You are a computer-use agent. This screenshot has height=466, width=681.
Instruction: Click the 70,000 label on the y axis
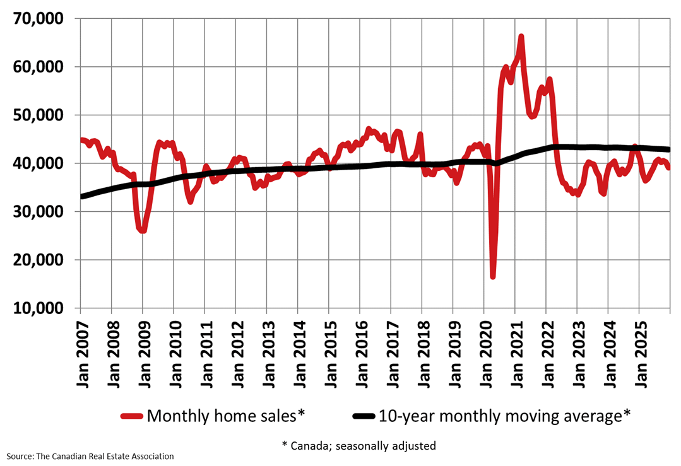[x=38, y=19]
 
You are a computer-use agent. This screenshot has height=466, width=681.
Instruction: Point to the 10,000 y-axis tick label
[x=38, y=308]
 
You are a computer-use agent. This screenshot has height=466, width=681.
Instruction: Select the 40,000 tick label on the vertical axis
[x=38, y=163]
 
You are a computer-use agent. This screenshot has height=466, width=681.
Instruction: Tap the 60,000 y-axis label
[x=38, y=67]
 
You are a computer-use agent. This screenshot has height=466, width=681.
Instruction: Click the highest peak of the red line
[x=521, y=37]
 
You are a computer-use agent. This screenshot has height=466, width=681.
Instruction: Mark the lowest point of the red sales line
[x=493, y=276]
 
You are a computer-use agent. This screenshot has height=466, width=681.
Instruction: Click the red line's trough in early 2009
[x=143, y=230]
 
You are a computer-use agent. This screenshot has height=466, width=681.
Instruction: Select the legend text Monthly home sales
[x=225, y=416]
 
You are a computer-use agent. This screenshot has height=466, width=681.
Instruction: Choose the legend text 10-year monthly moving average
[x=504, y=416]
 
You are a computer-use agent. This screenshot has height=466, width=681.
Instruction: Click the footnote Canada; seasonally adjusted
[x=358, y=445]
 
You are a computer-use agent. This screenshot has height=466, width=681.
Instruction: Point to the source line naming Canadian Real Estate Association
[x=90, y=456]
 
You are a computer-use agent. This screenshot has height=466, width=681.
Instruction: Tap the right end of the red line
[x=668, y=167]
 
